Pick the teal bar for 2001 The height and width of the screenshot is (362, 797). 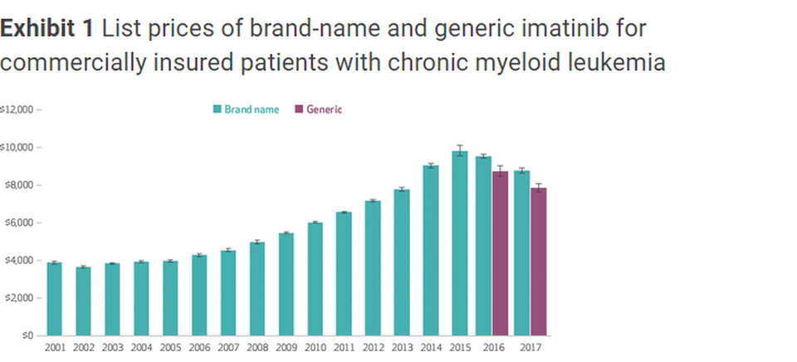(54, 299)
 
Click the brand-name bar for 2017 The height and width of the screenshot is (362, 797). (521, 253)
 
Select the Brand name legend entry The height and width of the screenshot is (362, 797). (246, 110)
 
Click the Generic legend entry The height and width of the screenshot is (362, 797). (319, 110)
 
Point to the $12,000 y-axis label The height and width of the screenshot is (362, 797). (17, 110)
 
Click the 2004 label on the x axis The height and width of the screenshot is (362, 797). (141, 348)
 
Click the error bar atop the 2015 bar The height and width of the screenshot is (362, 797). (459, 151)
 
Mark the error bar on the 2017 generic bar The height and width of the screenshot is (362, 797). (540, 188)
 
